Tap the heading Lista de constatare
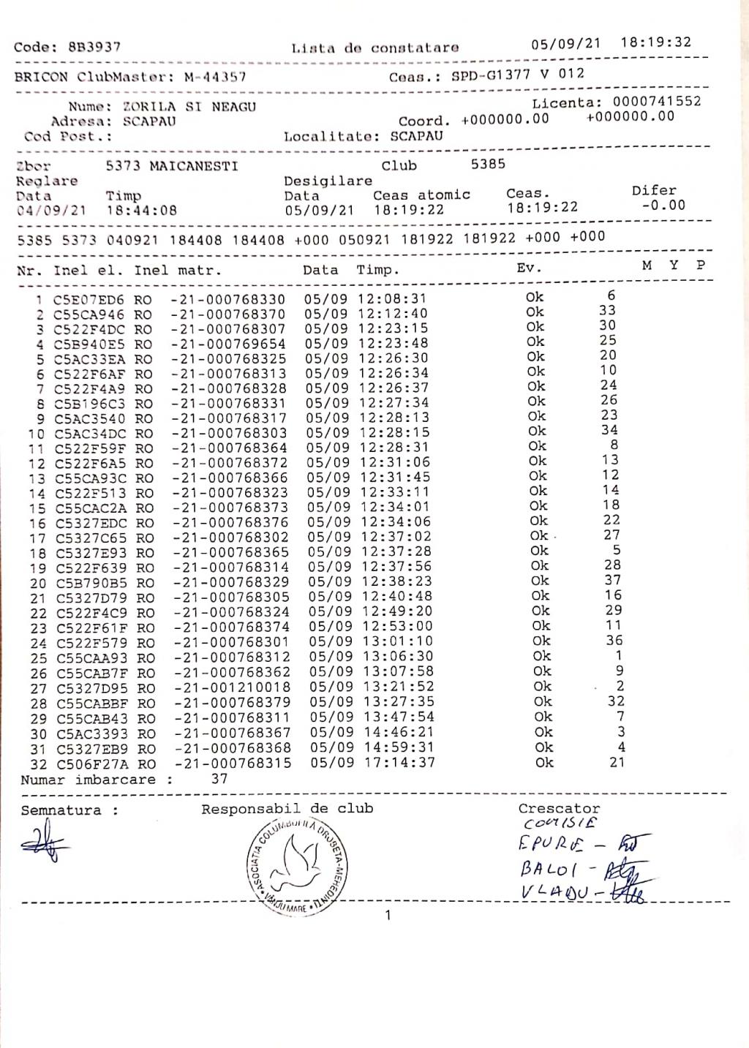click(374, 48)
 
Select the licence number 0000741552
click(656, 102)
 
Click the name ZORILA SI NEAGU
click(189, 107)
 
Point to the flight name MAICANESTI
click(193, 166)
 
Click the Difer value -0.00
click(663, 206)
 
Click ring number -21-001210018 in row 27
click(232, 687)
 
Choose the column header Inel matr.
click(177, 271)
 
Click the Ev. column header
click(528, 268)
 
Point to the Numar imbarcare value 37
click(219, 779)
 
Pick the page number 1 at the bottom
click(388, 915)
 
